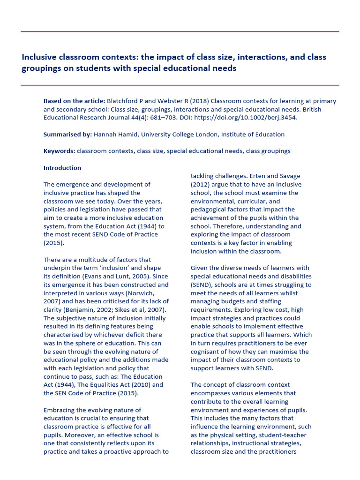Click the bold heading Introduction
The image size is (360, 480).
point(62,168)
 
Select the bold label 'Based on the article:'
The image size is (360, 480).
point(74,101)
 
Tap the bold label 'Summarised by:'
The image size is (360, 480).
point(67,135)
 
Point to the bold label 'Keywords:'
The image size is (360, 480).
point(59,151)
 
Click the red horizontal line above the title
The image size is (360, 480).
point(180,32)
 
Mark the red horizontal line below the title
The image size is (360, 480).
point(180,85)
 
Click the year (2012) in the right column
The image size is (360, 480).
point(200,185)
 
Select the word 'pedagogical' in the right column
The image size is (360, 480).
point(209,210)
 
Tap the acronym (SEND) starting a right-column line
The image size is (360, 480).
point(202,285)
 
